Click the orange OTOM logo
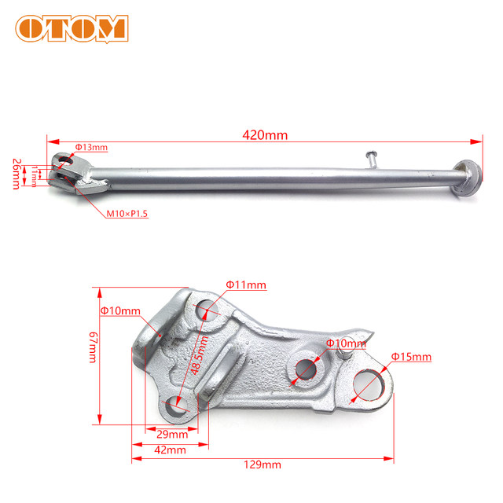click(72, 28)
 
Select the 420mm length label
click(265, 135)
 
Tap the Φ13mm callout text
click(91, 147)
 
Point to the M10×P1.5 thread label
click(127, 214)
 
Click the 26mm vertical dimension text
click(17, 174)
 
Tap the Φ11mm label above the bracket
click(246, 285)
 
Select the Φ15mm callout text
click(411, 357)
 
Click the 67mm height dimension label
click(93, 347)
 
